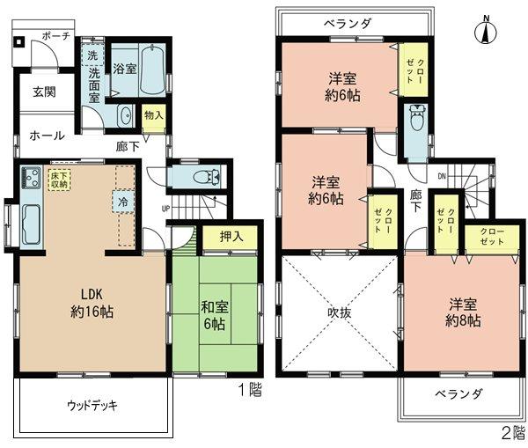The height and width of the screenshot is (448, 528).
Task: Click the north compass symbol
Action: point(483,31)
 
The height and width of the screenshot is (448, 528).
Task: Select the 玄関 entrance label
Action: point(44,92)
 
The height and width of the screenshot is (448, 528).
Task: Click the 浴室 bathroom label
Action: point(124,68)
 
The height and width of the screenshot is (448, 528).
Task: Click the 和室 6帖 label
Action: point(214,315)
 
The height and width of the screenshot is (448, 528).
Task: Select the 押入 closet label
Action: point(231,237)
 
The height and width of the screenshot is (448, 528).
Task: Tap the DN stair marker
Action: point(442,175)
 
